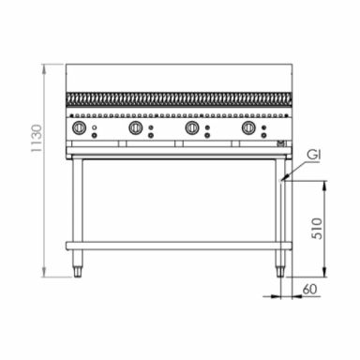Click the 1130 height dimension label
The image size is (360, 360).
point(37,138)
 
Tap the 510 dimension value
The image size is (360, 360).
point(317,229)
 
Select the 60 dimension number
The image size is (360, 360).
point(309,290)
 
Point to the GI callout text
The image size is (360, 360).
point(313,155)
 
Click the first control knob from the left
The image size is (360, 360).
point(79,127)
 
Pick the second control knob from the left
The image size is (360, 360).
point(136,127)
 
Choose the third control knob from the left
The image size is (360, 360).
point(192,127)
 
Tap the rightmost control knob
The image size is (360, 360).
point(248,127)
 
